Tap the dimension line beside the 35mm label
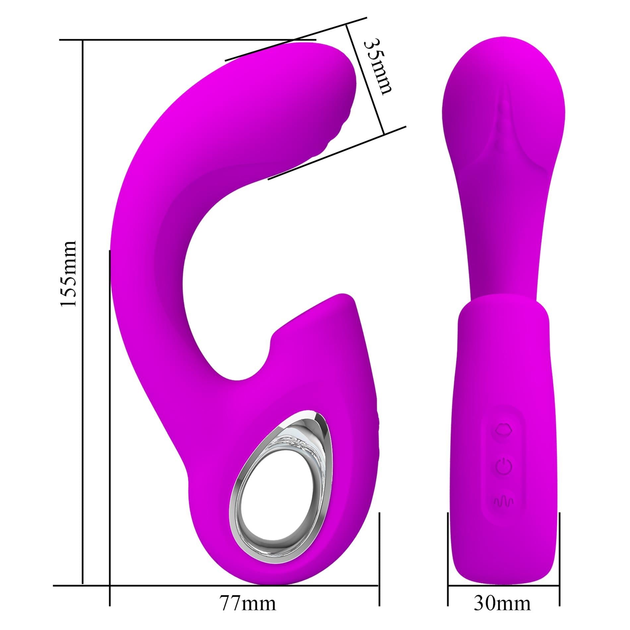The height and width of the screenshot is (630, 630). (x=365, y=80)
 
